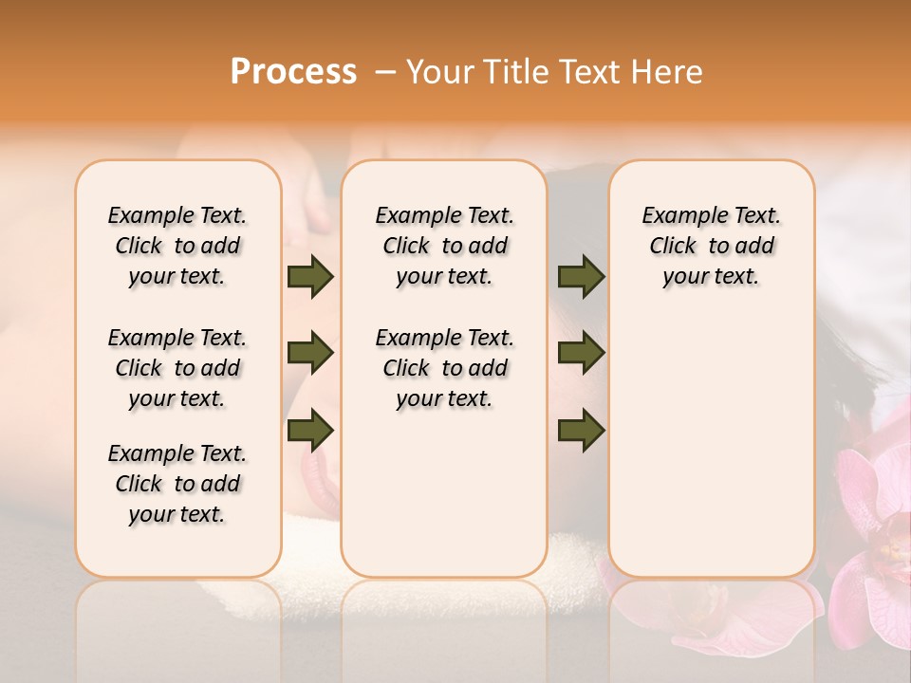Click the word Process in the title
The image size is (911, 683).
click(293, 72)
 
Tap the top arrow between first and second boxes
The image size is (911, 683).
click(310, 276)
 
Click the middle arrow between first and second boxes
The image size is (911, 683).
click(310, 354)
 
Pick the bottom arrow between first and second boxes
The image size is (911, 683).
click(310, 430)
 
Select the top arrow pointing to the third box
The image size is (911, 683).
click(581, 276)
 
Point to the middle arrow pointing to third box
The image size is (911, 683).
click(581, 354)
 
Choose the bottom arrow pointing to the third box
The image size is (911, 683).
click(581, 430)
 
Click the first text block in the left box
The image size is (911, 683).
click(177, 246)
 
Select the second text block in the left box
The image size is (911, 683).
click(177, 368)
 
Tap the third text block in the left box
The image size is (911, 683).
click(177, 484)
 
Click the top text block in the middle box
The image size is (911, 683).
click(444, 246)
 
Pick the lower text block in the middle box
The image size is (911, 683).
click(444, 368)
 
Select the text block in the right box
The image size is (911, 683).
click(711, 246)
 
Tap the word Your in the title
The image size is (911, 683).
click(441, 72)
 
